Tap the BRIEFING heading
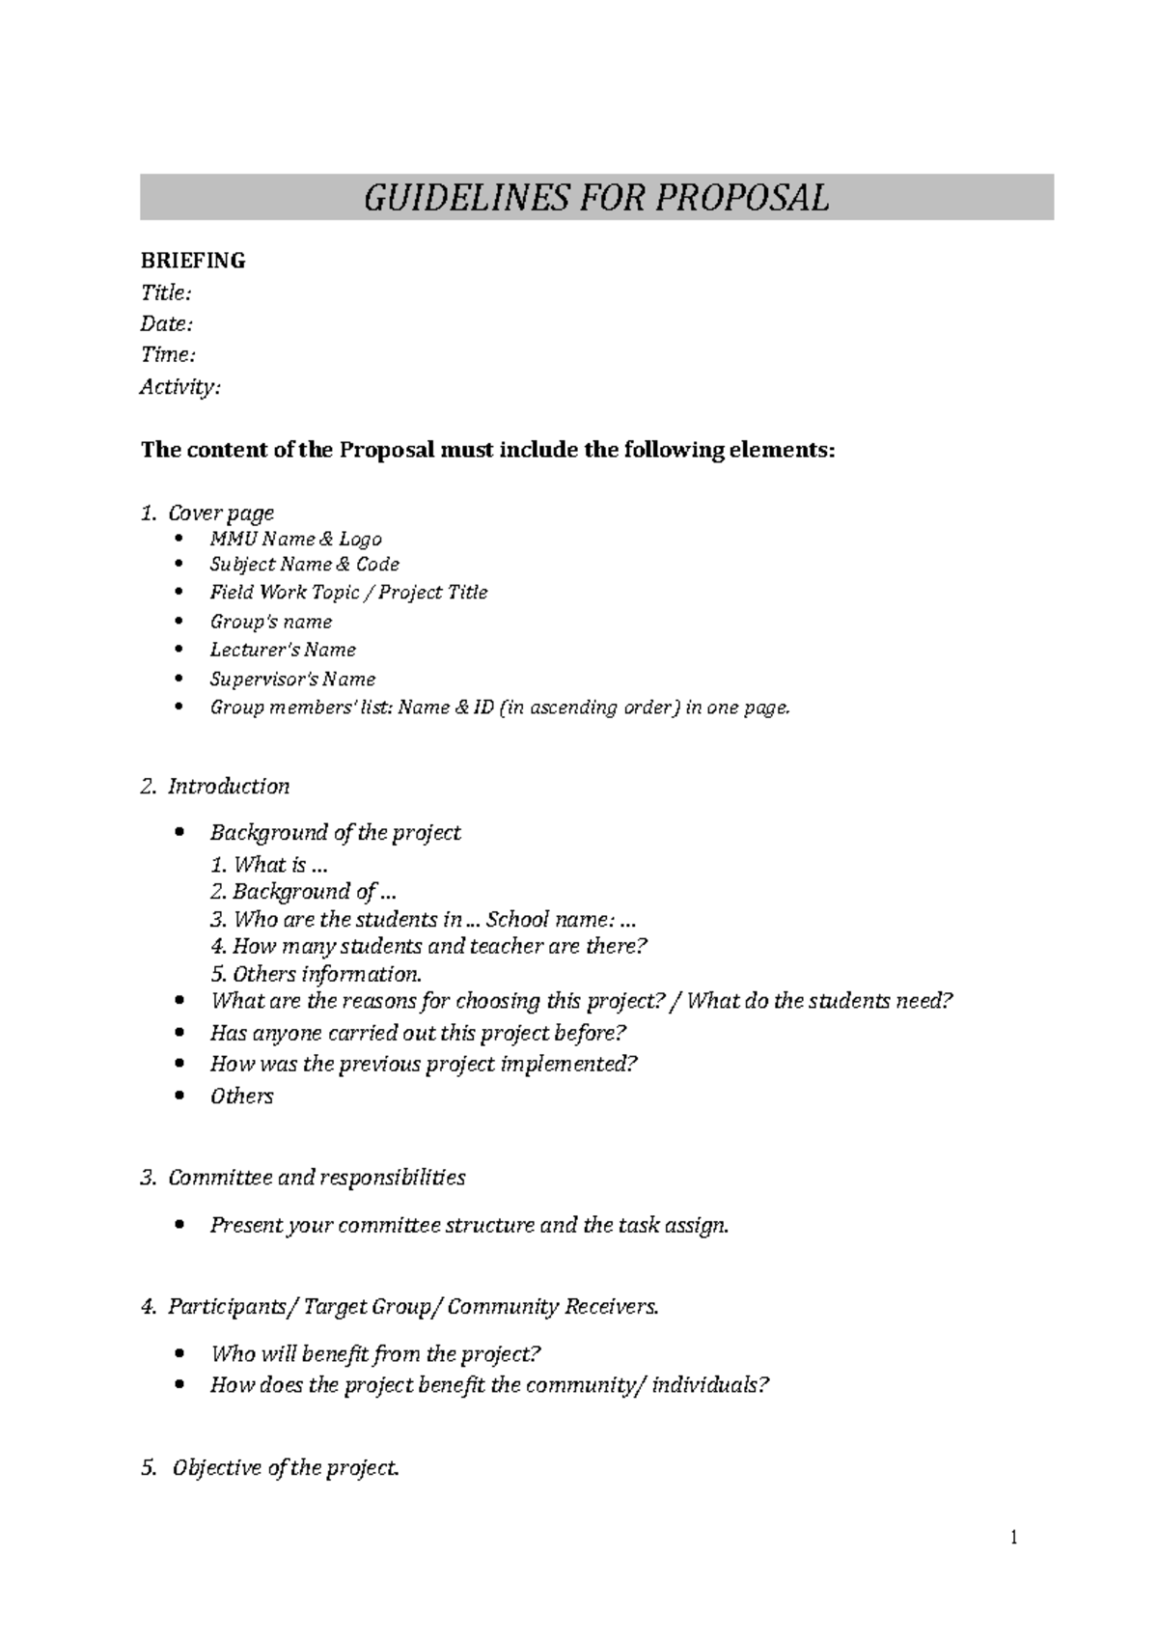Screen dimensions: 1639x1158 (193, 261)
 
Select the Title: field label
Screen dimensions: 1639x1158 (166, 292)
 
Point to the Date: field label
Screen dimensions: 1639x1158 (167, 323)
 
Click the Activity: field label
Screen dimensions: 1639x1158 (180, 387)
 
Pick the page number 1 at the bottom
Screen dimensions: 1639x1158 (1013, 1538)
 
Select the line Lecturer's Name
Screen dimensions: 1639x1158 (283, 650)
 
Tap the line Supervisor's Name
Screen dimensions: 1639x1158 (292, 679)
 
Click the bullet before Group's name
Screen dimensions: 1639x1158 (179, 622)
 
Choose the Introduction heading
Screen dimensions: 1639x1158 (229, 787)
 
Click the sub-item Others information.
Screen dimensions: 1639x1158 (317, 974)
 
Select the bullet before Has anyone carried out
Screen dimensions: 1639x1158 (179, 1033)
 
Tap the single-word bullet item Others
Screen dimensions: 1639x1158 (241, 1097)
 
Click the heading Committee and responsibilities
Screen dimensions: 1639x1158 (317, 1178)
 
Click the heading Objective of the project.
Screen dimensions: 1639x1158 (285, 1468)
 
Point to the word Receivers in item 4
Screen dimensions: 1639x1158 (611, 1307)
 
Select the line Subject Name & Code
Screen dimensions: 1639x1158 (304, 565)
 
